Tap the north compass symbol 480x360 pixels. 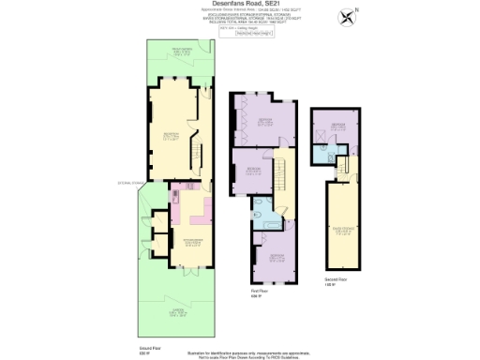tap(349, 17)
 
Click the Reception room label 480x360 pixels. tap(172, 136)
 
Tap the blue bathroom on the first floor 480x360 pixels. tap(266, 217)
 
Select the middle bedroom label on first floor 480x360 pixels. tap(253, 171)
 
